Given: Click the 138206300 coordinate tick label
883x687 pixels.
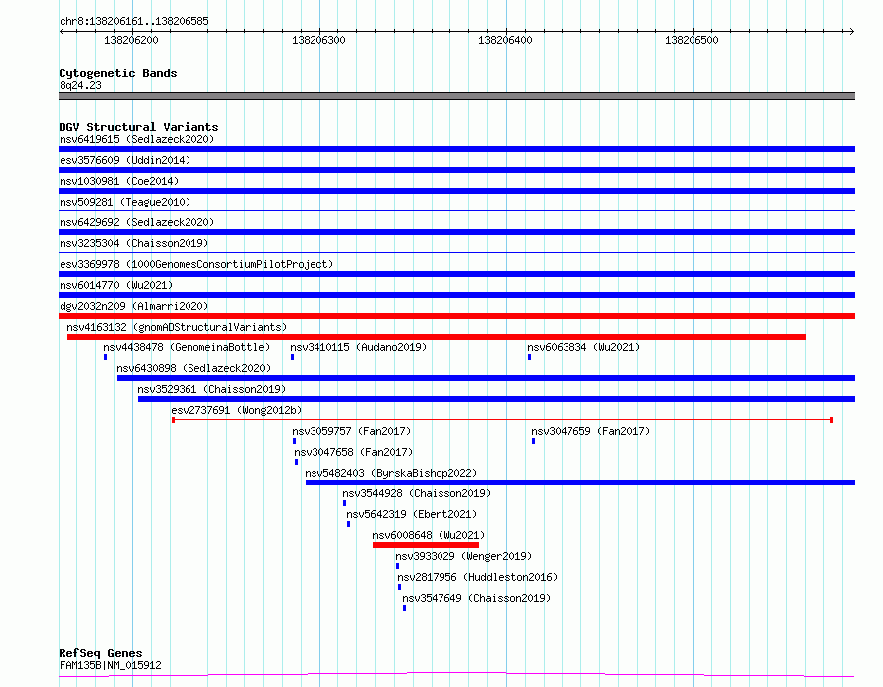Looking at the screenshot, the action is pos(318,40).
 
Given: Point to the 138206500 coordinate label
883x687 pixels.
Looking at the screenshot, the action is pos(692,40).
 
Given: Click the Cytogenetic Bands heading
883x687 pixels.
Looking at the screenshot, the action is pos(118,73).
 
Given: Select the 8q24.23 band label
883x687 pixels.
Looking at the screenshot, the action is pos(80,85).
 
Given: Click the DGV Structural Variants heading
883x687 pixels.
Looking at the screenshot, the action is pos(139,127).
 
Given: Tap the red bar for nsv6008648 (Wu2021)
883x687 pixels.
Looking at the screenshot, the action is pos(426,545).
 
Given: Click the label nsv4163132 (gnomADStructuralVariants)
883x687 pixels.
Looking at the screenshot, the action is pos(177,327).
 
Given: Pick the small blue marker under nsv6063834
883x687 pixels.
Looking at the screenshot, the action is pos(530,357).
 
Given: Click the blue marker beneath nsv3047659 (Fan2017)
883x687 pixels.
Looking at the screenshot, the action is pos(534,441).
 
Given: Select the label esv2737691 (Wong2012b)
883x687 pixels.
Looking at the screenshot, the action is pos(236,410).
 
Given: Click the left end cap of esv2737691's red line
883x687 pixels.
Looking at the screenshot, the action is pos(173,420).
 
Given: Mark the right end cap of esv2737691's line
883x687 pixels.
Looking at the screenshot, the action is pos(831,420).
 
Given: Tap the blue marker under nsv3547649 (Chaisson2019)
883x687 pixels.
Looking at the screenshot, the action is pos(405,608).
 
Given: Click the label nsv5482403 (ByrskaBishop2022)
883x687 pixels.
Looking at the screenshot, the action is pos(391,473).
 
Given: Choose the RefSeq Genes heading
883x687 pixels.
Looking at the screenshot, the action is pos(100,653).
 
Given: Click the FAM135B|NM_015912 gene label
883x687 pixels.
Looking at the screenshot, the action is pos(110,665).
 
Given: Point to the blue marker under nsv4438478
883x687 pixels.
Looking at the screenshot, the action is pos(105,357).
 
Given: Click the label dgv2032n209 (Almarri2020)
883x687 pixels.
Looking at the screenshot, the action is pos(134,306).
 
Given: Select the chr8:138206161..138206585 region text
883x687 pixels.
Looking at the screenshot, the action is pos(134,22).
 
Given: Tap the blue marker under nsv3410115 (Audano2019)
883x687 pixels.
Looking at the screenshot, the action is pos(292,357).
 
